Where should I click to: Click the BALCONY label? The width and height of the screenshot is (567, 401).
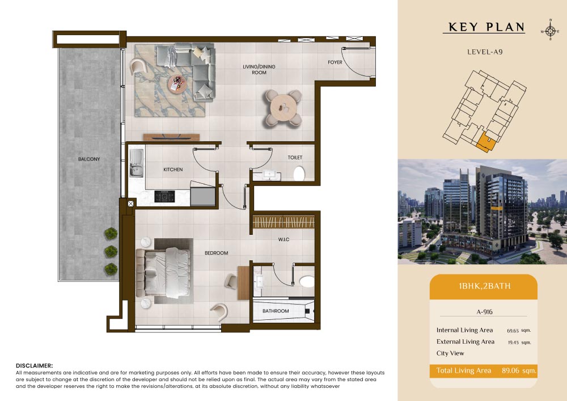click(x=89, y=159)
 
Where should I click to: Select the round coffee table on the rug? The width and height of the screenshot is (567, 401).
click(x=177, y=85)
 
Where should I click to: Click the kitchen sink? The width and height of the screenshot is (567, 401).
click(x=136, y=163)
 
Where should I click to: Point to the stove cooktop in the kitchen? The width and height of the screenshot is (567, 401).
click(x=164, y=196)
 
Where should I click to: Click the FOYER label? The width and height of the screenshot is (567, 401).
click(x=335, y=62)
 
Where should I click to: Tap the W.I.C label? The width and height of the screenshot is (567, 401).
click(x=284, y=239)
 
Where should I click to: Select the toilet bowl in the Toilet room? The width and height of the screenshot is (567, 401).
click(x=299, y=174)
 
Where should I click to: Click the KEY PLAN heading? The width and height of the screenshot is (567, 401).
click(x=486, y=27)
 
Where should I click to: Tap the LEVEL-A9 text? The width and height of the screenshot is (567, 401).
click(x=485, y=52)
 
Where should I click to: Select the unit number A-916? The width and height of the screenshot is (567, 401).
click(x=485, y=312)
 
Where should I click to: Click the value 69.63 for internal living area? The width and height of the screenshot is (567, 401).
click(x=513, y=331)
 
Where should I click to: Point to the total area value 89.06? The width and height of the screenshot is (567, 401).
click(x=510, y=370)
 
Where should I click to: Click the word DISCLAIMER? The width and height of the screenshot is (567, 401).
click(x=35, y=366)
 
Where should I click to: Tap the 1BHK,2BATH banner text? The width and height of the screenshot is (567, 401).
click(x=485, y=286)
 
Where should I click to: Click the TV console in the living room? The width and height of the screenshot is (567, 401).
click(x=171, y=137)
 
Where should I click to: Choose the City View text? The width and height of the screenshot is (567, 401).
click(x=450, y=353)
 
